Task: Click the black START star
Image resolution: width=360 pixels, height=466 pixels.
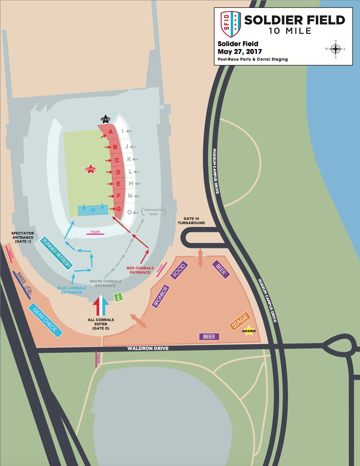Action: pyautogui.click(x=106, y=119)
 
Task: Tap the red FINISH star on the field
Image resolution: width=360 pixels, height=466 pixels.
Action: pyautogui.click(x=91, y=169)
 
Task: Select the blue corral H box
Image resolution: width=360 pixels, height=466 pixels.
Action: pyautogui.click(x=93, y=210)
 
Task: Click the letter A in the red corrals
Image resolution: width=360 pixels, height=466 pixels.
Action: pyautogui.click(x=110, y=132)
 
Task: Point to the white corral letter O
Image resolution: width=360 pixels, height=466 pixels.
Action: pyautogui.click(x=129, y=212)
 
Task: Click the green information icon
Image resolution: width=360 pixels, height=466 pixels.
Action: pyautogui.click(x=118, y=296)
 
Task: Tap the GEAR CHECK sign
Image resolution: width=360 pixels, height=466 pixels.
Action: pyautogui.click(x=45, y=320)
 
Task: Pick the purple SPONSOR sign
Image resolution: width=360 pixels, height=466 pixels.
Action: pyautogui.click(x=160, y=296)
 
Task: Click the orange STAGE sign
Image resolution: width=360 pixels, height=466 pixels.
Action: pyautogui.click(x=240, y=321)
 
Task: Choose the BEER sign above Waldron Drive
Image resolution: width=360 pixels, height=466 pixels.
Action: pyautogui.click(x=209, y=337)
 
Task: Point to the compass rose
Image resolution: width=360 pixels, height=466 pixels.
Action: pyautogui.click(x=335, y=49)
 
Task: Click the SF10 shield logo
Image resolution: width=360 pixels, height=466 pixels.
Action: pyautogui.click(x=231, y=24)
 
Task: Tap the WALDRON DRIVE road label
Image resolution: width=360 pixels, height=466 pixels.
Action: pyautogui.click(x=148, y=348)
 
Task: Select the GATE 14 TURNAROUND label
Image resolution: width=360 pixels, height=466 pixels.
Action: pyautogui.click(x=191, y=221)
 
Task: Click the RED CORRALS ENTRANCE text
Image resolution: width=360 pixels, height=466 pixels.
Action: pyautogui.click(x=140, y=270)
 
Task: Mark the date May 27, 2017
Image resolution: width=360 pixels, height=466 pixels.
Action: pyautogui.click(x=240, y=52)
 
